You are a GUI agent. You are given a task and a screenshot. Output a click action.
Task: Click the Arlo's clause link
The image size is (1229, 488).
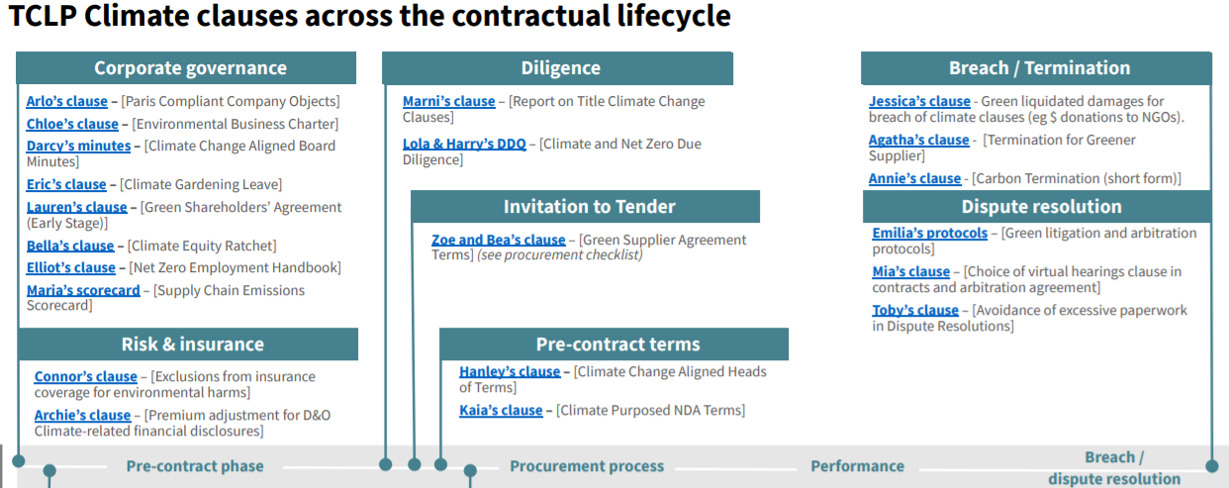[x=67, y=102]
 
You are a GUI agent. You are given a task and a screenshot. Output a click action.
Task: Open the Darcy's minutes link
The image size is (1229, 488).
[x=78, y=146]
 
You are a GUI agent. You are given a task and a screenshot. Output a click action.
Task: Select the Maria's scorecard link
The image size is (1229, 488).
[x=83, y=290]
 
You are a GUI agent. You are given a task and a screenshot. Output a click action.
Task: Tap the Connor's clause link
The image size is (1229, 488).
[x=85, y=376]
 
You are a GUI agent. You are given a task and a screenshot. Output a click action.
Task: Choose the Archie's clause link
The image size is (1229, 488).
[x=82, y=415]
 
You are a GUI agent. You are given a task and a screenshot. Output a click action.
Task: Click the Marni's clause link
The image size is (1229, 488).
[x=449, y=102]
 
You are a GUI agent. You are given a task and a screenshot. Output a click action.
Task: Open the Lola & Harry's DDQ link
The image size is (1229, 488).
[x=464, y=144]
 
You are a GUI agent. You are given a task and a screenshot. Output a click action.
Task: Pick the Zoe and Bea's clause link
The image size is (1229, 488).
[x=498, y=240]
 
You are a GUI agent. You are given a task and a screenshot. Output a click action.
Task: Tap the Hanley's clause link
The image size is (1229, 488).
[x=510, y=371]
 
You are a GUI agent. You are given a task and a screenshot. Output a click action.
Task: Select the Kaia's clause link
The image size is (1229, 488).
[x=501, y=410]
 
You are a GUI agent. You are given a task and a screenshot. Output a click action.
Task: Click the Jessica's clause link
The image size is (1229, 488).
[x=919, y=102]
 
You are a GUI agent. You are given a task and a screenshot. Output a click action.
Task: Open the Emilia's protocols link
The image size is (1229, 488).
[x=930, y=234]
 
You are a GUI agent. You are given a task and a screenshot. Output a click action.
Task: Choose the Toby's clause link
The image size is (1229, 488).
[x=915, y=310]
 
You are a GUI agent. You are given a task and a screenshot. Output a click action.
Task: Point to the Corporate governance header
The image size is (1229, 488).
[x=190, y=68]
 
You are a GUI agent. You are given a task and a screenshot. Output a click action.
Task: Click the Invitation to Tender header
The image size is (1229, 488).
[x=589, y=207]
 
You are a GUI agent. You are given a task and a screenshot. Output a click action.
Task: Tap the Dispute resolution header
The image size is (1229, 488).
[x=1041, y=207]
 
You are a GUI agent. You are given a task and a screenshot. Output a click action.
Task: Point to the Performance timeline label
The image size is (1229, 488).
[x=858, y=466]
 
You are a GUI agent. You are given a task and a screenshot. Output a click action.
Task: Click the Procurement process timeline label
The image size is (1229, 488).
[x=587, y=466]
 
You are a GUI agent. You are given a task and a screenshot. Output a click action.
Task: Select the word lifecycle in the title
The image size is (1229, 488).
[x=674, y=17]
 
